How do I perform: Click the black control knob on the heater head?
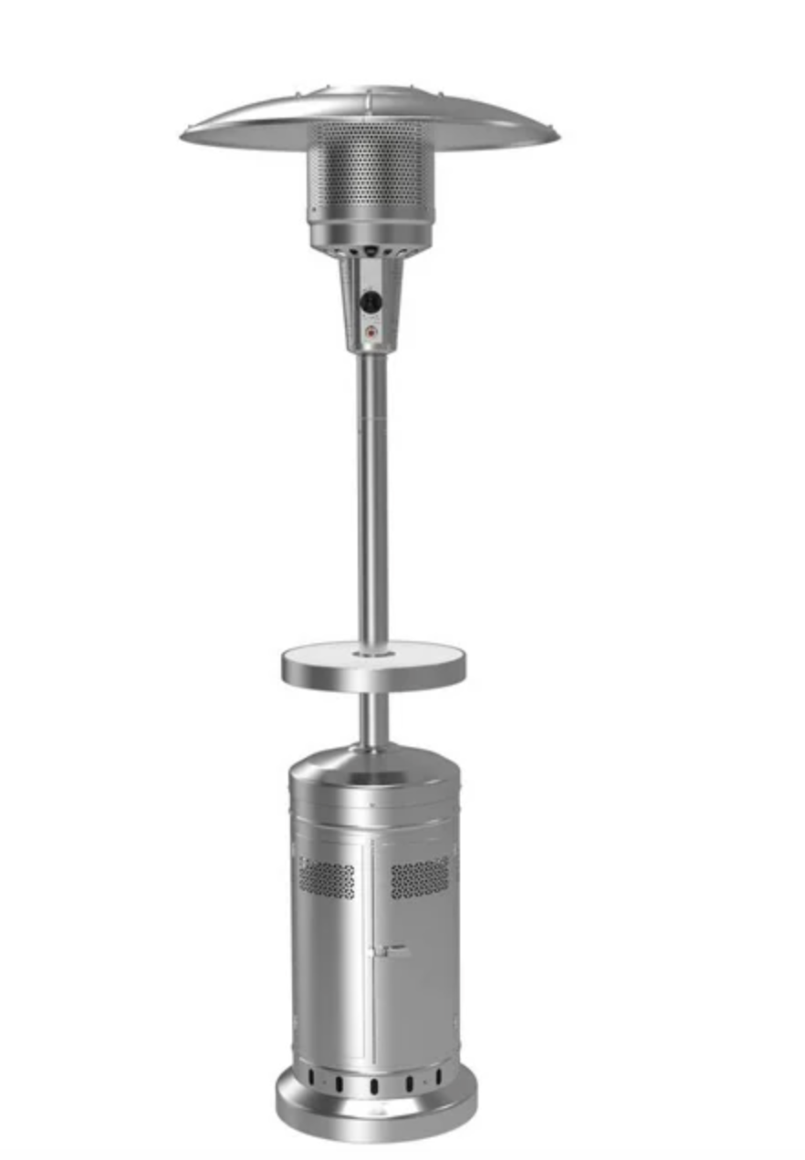point(370,301)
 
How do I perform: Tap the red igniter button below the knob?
point(370,333)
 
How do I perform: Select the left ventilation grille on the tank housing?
point(327,877)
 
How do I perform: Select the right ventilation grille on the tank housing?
point(420,877)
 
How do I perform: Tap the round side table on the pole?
point(372,666)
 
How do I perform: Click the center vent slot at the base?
point(374,1085)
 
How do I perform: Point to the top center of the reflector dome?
point(370,92)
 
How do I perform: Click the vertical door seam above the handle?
point(371,894)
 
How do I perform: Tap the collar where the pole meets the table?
point(371,651)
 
